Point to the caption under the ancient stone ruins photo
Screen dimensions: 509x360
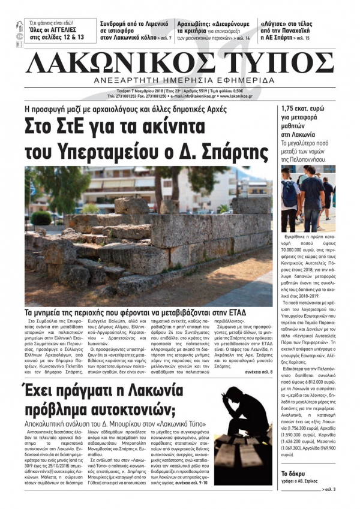tap(144, 313)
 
